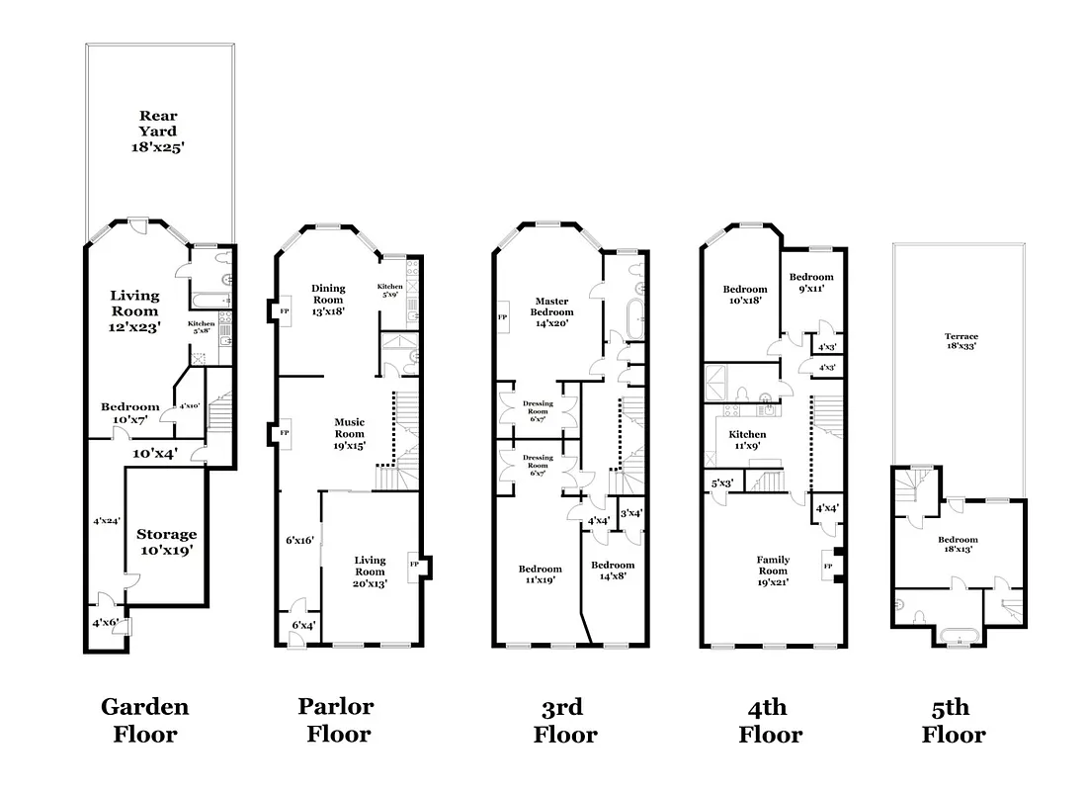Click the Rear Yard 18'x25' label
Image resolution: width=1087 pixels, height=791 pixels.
pos(158,131)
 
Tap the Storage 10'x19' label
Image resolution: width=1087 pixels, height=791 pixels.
pos(166,543)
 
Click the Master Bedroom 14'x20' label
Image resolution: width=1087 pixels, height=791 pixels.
pos(554,311)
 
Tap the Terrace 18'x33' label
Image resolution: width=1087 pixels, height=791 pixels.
pos(960,342)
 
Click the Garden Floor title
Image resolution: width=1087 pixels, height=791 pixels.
pos(144,720)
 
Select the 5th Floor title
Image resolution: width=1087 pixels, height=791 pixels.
pos(954,721)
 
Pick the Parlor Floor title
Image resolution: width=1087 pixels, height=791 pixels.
pos(336,720)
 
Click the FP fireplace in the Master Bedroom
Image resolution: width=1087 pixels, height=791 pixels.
pos(502,317)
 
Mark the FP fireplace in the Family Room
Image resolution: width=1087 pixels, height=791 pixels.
pos(828,566)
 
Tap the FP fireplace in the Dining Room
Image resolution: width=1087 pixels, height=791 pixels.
pos(285,310)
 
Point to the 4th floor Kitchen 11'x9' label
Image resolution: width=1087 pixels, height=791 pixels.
pos(747,440)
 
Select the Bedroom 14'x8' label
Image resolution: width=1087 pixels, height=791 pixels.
pos(613,571)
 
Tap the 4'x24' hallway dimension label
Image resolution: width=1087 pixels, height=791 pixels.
pos(106,520)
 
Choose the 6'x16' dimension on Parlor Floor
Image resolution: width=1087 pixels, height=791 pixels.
pos(299,540)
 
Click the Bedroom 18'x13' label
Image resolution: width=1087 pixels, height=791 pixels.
pos(958,545)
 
